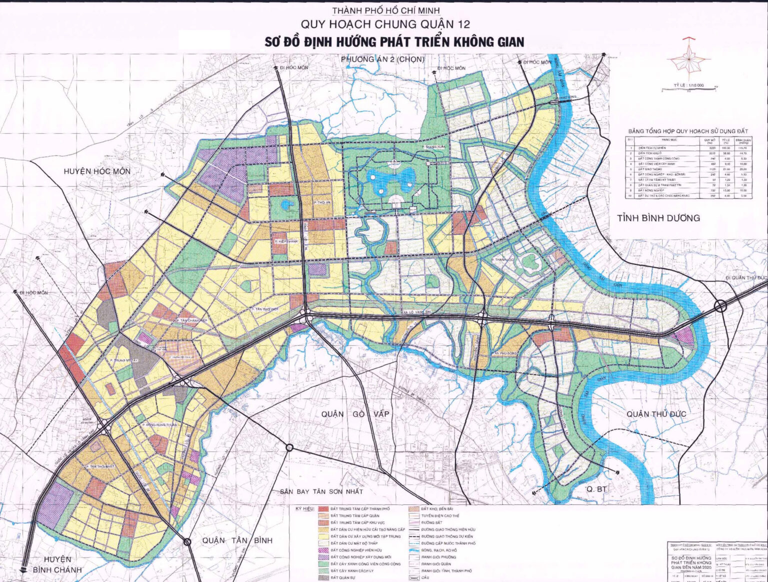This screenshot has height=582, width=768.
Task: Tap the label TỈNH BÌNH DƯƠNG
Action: click(658, 218)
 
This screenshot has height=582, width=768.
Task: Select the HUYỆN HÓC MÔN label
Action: click(97, 171)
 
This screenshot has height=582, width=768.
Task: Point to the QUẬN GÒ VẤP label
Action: click(355, 414)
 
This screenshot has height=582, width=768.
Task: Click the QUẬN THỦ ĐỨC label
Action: click(656, 414)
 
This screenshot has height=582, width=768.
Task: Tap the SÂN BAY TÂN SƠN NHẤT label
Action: click(321, 491)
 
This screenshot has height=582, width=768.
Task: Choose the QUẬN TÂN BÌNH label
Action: click(237, 540)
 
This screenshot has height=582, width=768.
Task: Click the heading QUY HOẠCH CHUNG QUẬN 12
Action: click(385, 24)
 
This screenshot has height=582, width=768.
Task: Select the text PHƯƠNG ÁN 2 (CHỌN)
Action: click(382, 59)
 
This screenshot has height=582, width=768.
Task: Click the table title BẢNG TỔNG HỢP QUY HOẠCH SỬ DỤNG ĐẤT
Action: click(688, 131)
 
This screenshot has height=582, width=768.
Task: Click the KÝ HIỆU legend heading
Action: click(304, 509)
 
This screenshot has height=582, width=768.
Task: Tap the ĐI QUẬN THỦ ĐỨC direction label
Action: click(747, 278)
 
